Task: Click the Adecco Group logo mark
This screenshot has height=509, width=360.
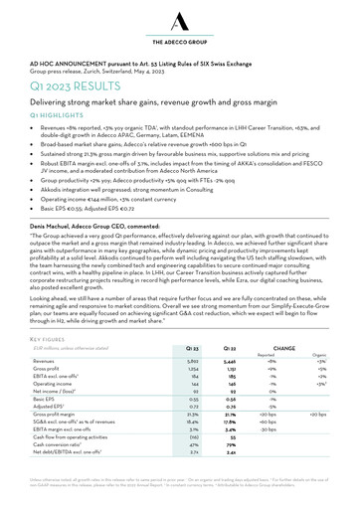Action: point(180,19)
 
